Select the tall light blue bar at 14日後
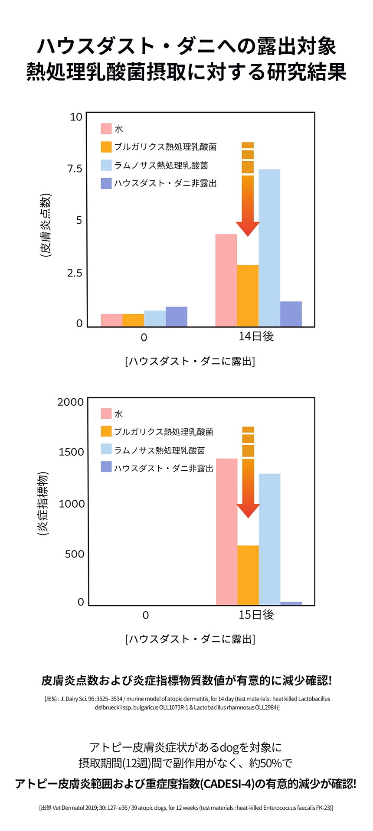[x=269, y=248]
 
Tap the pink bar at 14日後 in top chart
[x=226, y=280]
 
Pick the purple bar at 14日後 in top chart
[x=291, y=314]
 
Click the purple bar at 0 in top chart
[x=177, y=316]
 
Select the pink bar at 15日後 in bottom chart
[x=226, y=531]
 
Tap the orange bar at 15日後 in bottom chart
[x=248, y=575]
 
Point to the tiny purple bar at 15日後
[x=291, y=603]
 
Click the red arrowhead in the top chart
[x=248, y=228]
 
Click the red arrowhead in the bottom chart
[x=248, y=510]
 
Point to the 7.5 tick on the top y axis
[x=75, y=169]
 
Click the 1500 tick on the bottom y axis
[x=71, y=452]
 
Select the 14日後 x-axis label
[x=256, y=336]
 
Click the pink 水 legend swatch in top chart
[x=106, y=129]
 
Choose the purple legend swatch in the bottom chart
[x=106, y=467]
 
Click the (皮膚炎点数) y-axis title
[x=46, y=225]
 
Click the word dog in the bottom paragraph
[x=229, y=747]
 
